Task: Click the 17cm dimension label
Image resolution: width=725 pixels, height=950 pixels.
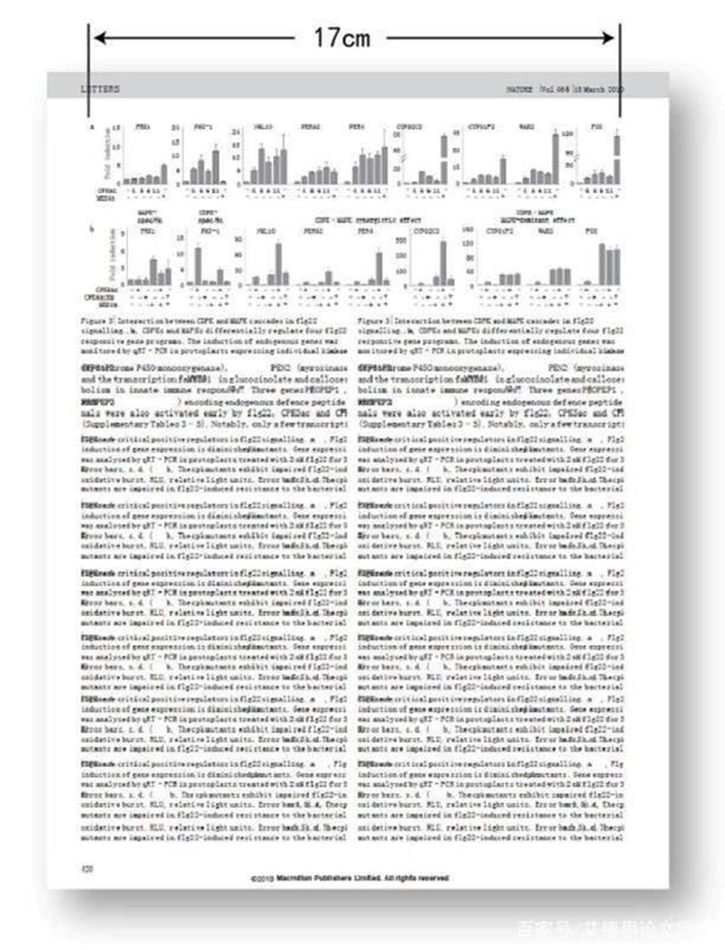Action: click(x=341, y=36)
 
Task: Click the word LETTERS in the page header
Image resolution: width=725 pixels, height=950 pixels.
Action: click(x=100, y=89)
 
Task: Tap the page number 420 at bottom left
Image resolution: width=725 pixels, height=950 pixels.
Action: click(x=88, y=867)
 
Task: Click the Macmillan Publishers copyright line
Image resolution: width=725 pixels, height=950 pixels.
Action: click(x=349, y=878)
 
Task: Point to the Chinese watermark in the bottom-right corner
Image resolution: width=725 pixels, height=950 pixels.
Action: click(x=617, y=925)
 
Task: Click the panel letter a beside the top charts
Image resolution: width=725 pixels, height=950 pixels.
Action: click(x=91, y=126)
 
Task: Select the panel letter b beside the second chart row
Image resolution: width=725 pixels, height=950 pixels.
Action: click(x=91, y=229)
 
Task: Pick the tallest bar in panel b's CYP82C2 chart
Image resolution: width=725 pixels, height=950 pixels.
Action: click(x=443, y=263)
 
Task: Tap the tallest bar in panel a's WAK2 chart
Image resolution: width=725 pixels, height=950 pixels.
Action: click(x=555, y=159)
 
